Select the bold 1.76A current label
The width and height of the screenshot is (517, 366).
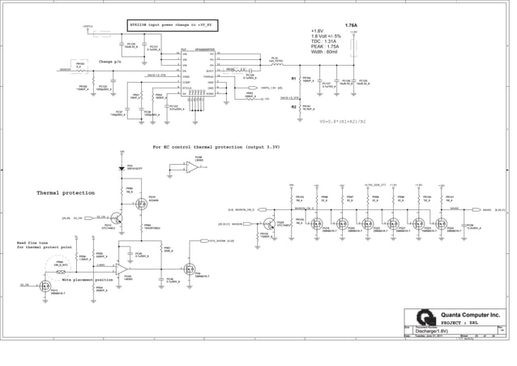352,26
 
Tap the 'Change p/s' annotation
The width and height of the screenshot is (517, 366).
110,61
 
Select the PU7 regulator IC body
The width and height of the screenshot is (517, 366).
199,74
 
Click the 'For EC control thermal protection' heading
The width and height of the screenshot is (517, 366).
216,147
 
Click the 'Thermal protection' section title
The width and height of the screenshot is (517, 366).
66,193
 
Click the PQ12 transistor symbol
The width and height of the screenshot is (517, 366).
117,218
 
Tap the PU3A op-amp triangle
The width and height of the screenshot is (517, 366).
122,268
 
